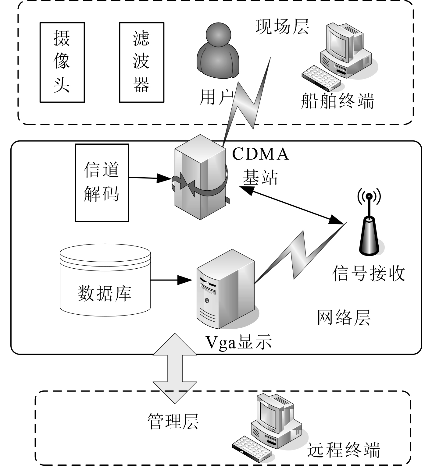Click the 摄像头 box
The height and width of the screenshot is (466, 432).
coord(62,62)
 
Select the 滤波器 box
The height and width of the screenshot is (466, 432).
coord(141,62)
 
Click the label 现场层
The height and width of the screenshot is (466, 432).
coord(282,26)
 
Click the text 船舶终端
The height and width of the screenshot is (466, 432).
coord(337,101)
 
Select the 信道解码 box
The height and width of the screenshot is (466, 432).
coord(102,182)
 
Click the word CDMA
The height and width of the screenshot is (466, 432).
coord(260,154)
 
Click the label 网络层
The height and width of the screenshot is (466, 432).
coord(344,318)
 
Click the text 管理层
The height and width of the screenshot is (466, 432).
coord(173,422)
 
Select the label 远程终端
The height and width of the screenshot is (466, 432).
coord(344,450)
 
